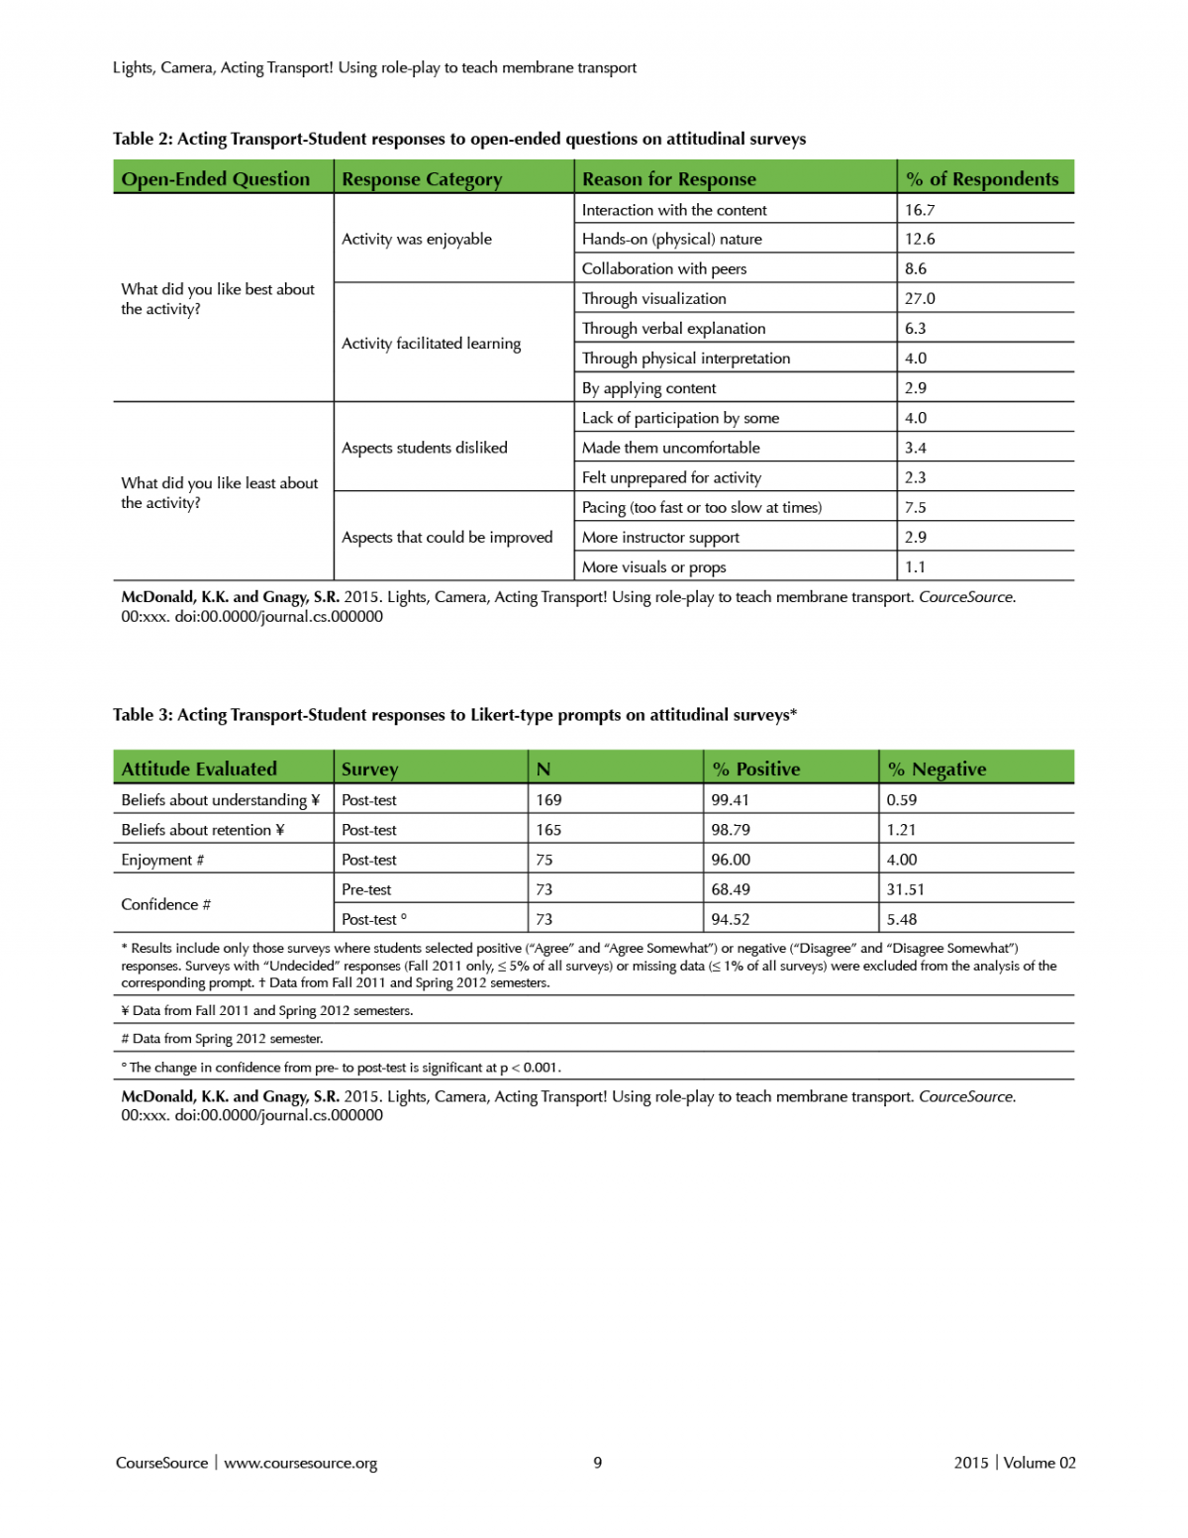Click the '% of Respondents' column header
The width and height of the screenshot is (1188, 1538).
pos(982,179)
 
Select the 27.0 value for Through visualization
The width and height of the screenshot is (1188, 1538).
pos(920,298)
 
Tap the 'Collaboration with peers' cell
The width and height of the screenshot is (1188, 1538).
pos(664,268)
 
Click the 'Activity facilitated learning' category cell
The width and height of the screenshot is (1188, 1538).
pos(431,344)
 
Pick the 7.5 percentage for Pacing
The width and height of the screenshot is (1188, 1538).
pos(916,507)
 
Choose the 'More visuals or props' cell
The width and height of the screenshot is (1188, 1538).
pos(653,567)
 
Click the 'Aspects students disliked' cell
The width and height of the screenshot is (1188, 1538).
pos(424,448)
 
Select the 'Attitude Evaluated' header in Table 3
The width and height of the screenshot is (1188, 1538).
pos(199,769)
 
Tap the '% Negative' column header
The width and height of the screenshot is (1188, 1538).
pos(937,769)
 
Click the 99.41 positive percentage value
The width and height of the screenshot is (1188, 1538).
pos(730,800)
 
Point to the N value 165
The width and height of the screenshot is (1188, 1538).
pos(548,830)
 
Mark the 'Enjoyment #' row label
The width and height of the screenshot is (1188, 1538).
pos(162,860)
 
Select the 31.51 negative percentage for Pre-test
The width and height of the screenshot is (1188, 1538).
pos(905,889)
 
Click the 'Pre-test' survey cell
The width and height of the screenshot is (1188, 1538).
pos(366,889)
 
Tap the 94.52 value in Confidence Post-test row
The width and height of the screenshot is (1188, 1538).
pos(730,919)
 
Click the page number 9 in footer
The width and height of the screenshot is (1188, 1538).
pos(597,1463)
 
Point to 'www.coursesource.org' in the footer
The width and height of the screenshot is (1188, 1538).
pos(300,1464)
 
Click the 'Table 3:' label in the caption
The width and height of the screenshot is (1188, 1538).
pos(143,715)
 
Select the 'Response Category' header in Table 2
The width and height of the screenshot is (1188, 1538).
pos(422,179)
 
